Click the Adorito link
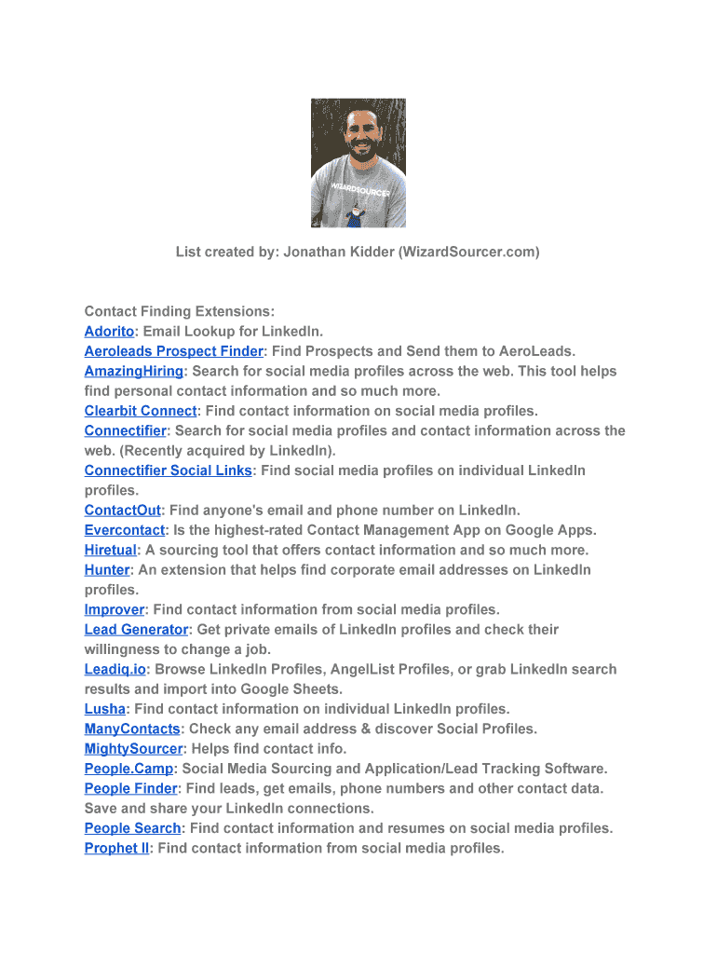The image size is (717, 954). [x=109, y=332]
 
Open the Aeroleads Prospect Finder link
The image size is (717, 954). [x=174, y=351]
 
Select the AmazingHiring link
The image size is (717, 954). [x=133, y=371]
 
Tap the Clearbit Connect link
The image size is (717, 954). [x=141, y=411]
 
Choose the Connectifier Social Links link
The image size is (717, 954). [x=168, y=470]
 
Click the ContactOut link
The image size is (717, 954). [x=122, y=511]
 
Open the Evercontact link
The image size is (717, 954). [x=124, y=530]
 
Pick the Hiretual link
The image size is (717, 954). [x=110, y=550]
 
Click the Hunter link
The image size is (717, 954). [x=107, y=570]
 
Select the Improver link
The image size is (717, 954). [x=115, y=610]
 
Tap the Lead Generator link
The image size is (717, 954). [x=136, y=630]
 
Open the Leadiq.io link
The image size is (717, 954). [x=115, y=670]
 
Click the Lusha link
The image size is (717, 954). [x=104, y=709]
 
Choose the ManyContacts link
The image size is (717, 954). [x=132, y=729]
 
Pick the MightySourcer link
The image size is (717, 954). [x=133, y=749]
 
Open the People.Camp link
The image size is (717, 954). [x=129, y=769]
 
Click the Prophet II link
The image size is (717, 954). [x=116, y=848]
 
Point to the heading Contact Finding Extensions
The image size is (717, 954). [x=180, y=311]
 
